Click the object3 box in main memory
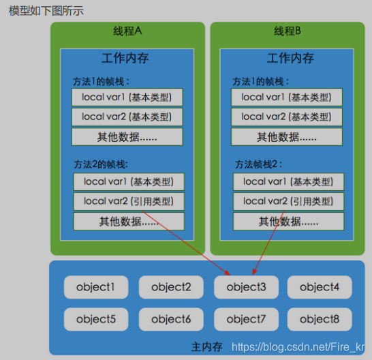click(246, 287)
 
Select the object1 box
click(96, 287)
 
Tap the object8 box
click(320, 319)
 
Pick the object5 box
click(96, 319)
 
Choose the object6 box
click(171, 319)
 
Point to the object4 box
click(320, 287)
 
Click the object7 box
click(246, 319)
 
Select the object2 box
click(171, 287)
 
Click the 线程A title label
click(127, 32)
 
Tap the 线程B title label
click(288, 32)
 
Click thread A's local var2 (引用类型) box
click(129, 201)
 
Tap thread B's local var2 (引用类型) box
click(288, 201)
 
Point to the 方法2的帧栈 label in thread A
click(100, 164)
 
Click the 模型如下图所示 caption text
click(46, 12)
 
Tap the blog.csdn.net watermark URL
click(298, 348)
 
